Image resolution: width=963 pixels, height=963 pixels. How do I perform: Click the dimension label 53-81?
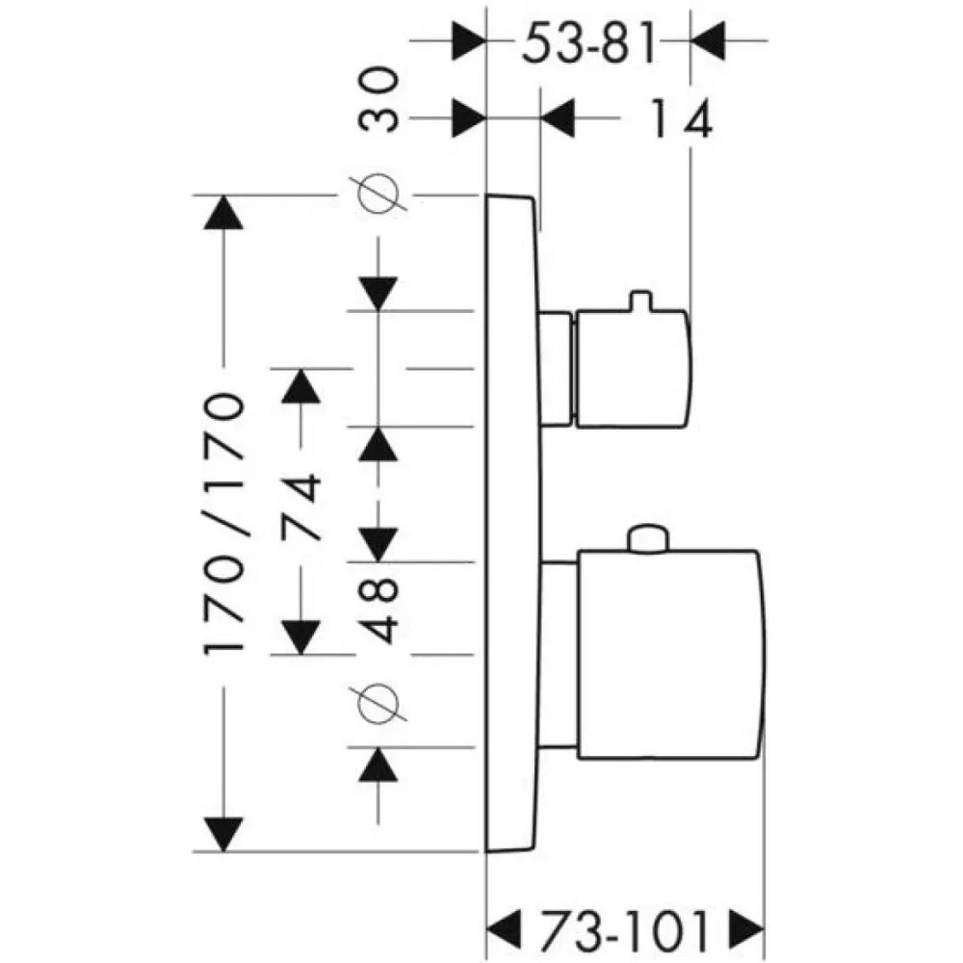pos(589,42)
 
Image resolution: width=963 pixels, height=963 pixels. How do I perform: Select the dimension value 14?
pos(681,117)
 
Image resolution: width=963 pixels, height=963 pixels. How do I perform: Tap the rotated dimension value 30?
pos(378,99)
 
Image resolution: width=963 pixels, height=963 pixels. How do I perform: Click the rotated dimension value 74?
pos(300,506)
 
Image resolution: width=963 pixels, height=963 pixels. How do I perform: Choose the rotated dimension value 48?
pos(378,609)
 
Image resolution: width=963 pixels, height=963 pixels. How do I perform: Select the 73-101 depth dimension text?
pos(625,931)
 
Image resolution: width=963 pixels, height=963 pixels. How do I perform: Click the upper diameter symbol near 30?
pos(377,195)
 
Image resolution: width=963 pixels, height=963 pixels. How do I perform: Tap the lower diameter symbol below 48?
pos(377,703)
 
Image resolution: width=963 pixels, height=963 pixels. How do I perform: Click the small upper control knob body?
pos(634,369)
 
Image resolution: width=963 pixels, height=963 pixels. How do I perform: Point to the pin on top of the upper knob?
pos(640,299)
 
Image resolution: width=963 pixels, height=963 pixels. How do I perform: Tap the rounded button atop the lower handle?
pos(648,538)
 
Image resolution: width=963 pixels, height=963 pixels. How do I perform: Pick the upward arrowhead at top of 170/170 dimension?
pos(223,213)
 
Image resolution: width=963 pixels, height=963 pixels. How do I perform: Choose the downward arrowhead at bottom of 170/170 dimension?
pos(223,834)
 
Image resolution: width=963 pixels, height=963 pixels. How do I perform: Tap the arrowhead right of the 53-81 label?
pos(708,40)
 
